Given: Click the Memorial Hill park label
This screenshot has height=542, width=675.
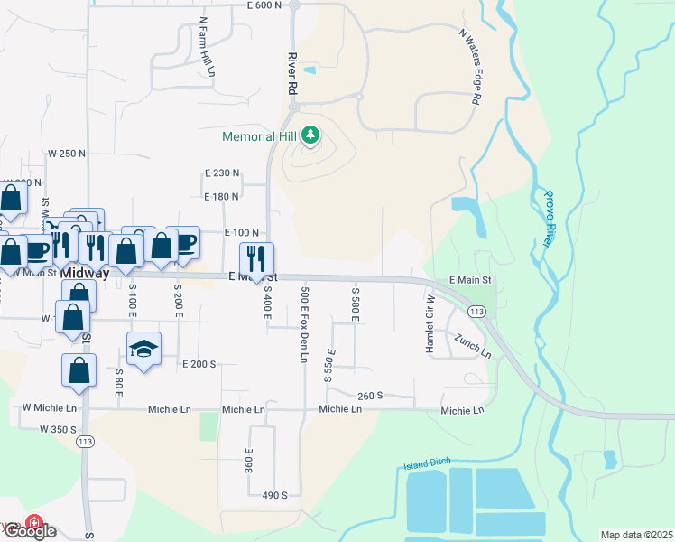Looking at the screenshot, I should [261, 136].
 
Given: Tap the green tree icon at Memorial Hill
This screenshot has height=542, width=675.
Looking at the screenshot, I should [310, 136].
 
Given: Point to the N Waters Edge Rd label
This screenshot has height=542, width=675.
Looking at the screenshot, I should [469, 67].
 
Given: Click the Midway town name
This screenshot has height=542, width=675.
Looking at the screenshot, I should [84, 273].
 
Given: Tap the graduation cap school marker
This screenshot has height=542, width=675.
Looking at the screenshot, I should [143, 349].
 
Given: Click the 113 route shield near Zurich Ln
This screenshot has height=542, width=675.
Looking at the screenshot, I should [477, 312].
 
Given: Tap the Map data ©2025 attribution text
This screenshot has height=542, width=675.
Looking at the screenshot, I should [636, 535].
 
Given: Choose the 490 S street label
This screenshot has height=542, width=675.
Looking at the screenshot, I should [274, 495].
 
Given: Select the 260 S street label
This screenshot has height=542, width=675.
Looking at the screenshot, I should [370, 396].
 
